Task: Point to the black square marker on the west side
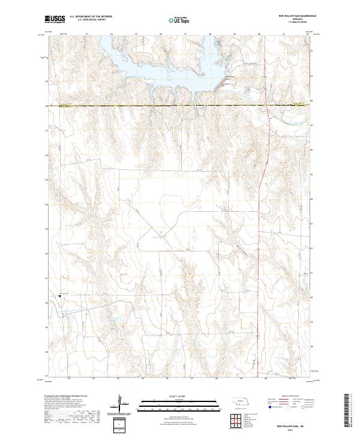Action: tap(60, 295)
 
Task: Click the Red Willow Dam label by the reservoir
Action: tap(230, 77)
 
